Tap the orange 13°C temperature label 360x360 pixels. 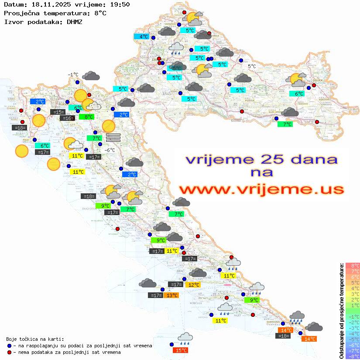[x=171, y=295]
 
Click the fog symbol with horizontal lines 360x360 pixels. [x=113, y=137]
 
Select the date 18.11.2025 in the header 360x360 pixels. [x=49, y=4]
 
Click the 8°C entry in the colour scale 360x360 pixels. [x=352, y=266]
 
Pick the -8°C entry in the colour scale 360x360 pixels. [x=352, y=356]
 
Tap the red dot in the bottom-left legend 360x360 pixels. [x=10, y=352]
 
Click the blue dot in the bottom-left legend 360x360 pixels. [x=10, y=346]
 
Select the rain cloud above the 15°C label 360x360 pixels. [x=185, y=337]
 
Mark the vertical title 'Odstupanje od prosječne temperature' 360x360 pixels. [x=341, y=311]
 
